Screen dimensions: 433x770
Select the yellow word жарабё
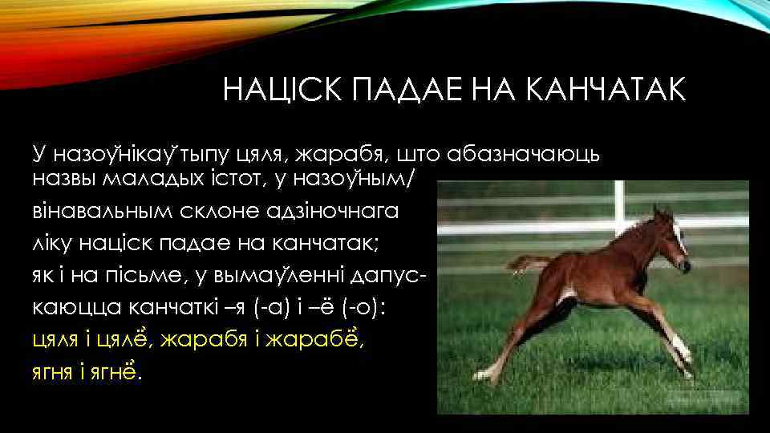(327, 340)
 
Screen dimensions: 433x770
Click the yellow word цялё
(121, 340)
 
